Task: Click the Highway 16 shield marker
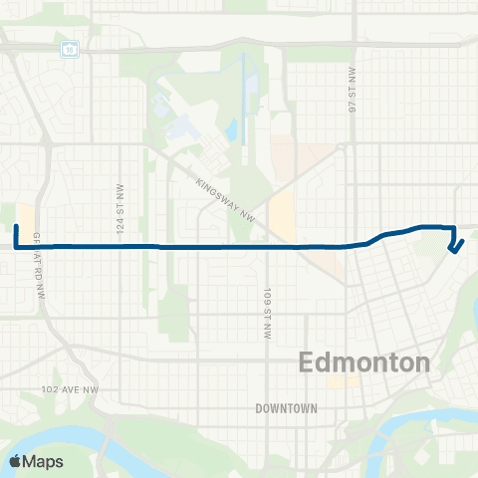[x=69, y=47]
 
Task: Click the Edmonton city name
[x=364, y=361]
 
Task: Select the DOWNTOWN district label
[x=285, y=408]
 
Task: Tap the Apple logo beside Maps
[x=15, y=461]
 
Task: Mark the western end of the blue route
[x=16, y=227]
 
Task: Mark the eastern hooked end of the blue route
[x=454, y=252]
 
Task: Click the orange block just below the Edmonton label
[x=344, y=381]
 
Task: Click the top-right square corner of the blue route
[x=454, y=227]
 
